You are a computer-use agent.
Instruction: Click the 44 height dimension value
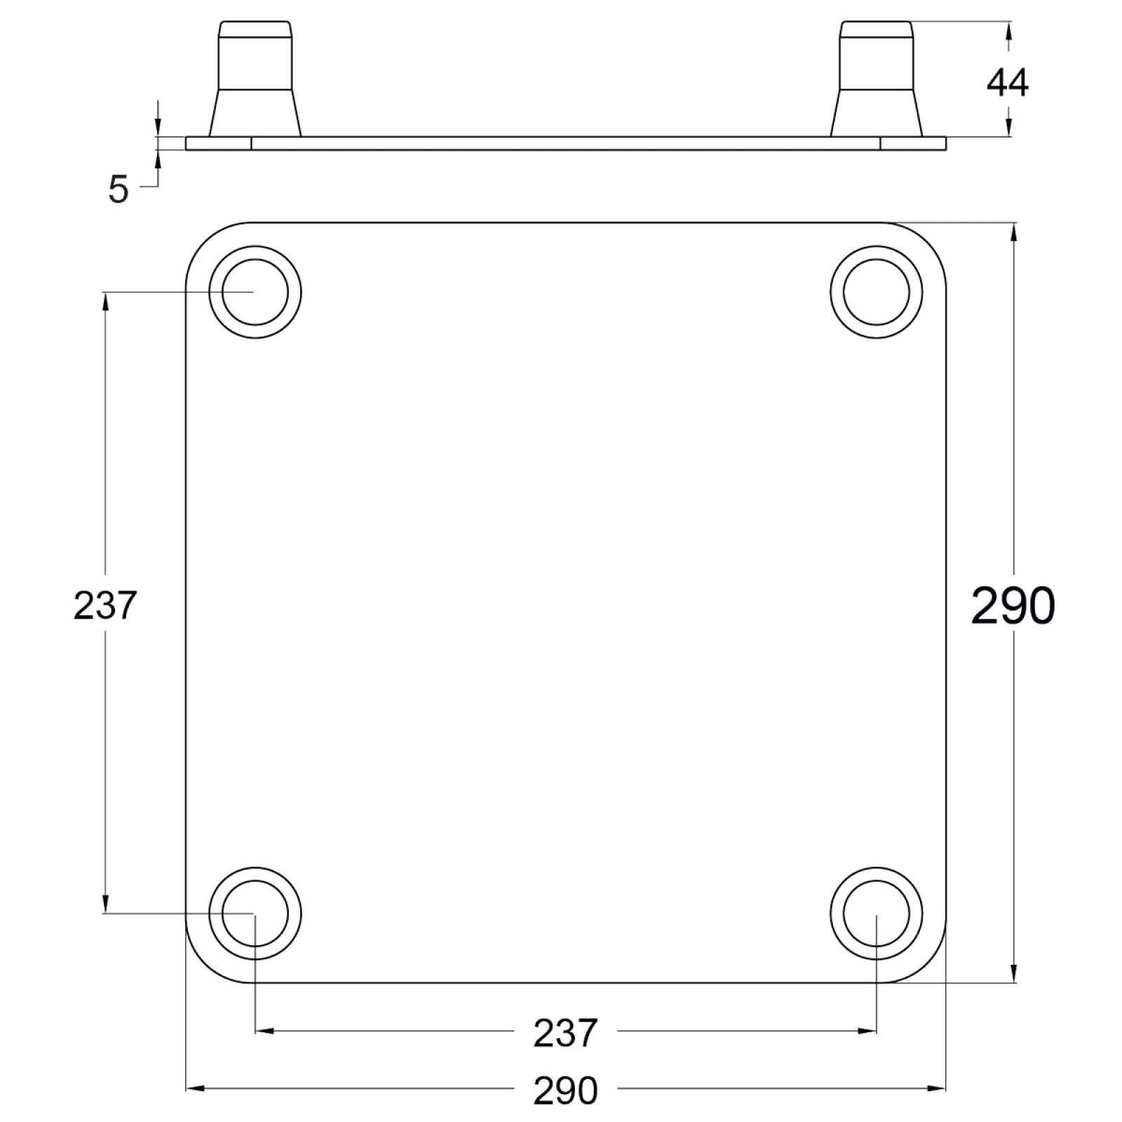[x=1008, y=83]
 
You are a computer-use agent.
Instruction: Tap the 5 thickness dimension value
[x=119, y=189]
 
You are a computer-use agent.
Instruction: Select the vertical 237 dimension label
[x=104, y=605]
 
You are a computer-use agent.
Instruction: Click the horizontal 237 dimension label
[x=565, y=1032]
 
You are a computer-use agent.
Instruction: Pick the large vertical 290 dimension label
[x=1013, y=605]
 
